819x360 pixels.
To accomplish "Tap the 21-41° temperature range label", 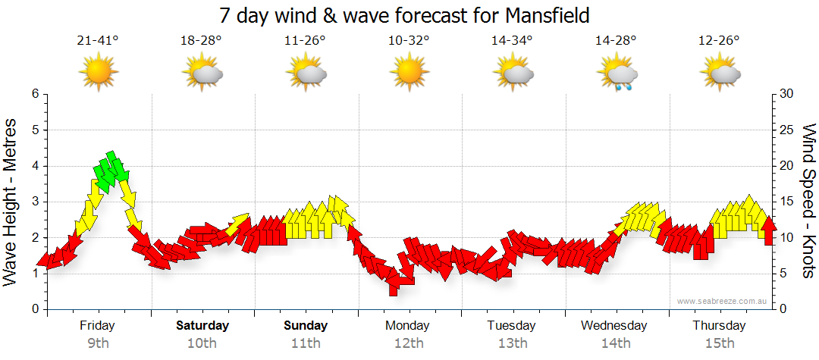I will pyautogui.click(x=98, y=41).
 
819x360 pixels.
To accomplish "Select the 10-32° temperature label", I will pyautogui.click(x=409, y=41).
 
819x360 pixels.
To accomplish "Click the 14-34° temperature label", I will pyautogui.click(x=512, y=41).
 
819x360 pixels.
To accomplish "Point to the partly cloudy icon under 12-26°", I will pyautogui.click(x=720, y=74).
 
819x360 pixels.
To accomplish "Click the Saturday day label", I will pyautogui.click(x=202, y=326).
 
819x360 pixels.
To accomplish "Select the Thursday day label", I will pyautogui.click(x=720, y=326).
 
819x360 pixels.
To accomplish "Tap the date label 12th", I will pyautogui.click(x=409, y=343).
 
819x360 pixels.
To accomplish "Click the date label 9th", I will pyautogui.click(x=98, y=343).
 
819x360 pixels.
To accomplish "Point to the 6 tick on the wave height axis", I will pyautogui.click(x=35, y=94).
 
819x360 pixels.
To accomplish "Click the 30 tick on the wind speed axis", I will pyautogui.click(x=787, y=94).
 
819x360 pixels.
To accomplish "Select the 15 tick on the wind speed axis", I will pyautogui.click(x=787, y=202).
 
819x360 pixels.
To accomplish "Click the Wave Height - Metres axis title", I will pyautogui.click(x=11, y=201).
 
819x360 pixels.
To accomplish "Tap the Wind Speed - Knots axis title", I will pyautogui.click(x=808, y=201).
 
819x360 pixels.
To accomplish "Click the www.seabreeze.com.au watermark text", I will pyautogui.click(x=723, y=302).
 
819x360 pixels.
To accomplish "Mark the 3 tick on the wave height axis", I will pyautogui.click(x=35, y=202).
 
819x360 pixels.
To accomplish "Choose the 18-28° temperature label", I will pyautogui.click(x=201, y=41).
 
